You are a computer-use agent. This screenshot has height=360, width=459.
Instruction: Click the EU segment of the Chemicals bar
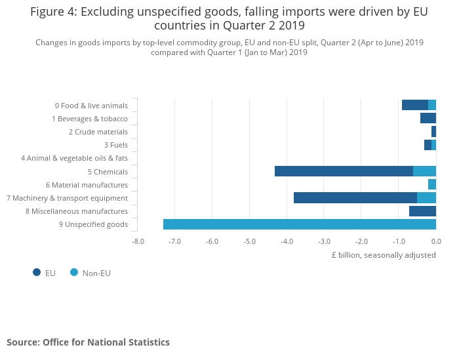tap(344, 171)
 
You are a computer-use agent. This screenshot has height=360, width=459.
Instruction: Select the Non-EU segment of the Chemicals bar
tap(424, 171)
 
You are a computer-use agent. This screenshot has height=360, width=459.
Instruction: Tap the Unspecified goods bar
tap(299, 224)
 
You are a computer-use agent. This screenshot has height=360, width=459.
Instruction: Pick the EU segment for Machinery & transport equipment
tap(355, 197)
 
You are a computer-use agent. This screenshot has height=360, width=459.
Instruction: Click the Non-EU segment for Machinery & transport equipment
tap(426, 197)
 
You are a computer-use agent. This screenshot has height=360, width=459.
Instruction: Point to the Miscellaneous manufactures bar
tap(422, 211)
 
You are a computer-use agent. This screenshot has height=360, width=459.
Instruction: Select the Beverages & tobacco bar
tap(428, 118)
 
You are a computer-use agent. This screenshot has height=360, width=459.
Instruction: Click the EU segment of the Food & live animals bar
tap(414, 105)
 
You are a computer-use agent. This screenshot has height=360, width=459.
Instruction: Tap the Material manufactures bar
tap(432, 184)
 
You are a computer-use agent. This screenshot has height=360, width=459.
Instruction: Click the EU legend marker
tap(37, 272)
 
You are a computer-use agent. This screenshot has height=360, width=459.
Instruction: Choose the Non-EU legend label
tap(96, 273)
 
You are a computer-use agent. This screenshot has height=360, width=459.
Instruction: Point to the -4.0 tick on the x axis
tap(287, 241)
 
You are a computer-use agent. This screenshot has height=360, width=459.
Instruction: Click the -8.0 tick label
tap(138, 241)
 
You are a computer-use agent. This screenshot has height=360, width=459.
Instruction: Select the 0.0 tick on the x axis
tap(435, 241)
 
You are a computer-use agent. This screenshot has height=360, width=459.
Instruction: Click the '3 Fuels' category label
tap(115, 145)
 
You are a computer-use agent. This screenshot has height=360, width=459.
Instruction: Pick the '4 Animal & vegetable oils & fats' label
tap(74, 158)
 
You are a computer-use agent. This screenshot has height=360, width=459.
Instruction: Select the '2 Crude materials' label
tap(98, 132)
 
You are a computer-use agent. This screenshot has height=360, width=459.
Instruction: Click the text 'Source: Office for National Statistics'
tap(88, 342)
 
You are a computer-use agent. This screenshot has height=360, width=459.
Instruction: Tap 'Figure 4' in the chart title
tap(53, 11)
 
